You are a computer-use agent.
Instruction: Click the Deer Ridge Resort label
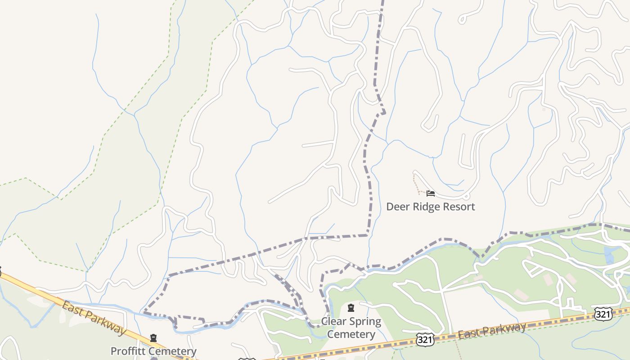click(x=431, y=207)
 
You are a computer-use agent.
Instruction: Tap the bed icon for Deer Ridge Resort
click(x=431, y=194)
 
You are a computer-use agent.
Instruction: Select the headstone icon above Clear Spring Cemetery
click(x=351, y=308)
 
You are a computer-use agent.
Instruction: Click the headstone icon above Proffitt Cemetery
click(x=153, y=338)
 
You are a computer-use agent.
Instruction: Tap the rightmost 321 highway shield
click(x=603, y=314)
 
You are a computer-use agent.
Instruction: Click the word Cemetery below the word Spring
click(x=351, y=334)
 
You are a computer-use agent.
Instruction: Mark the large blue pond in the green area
click(x=610, y=255)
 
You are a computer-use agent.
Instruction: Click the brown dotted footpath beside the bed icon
click(x=417, y=184)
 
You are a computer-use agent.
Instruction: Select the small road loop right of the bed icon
click(x=467, y=196)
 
